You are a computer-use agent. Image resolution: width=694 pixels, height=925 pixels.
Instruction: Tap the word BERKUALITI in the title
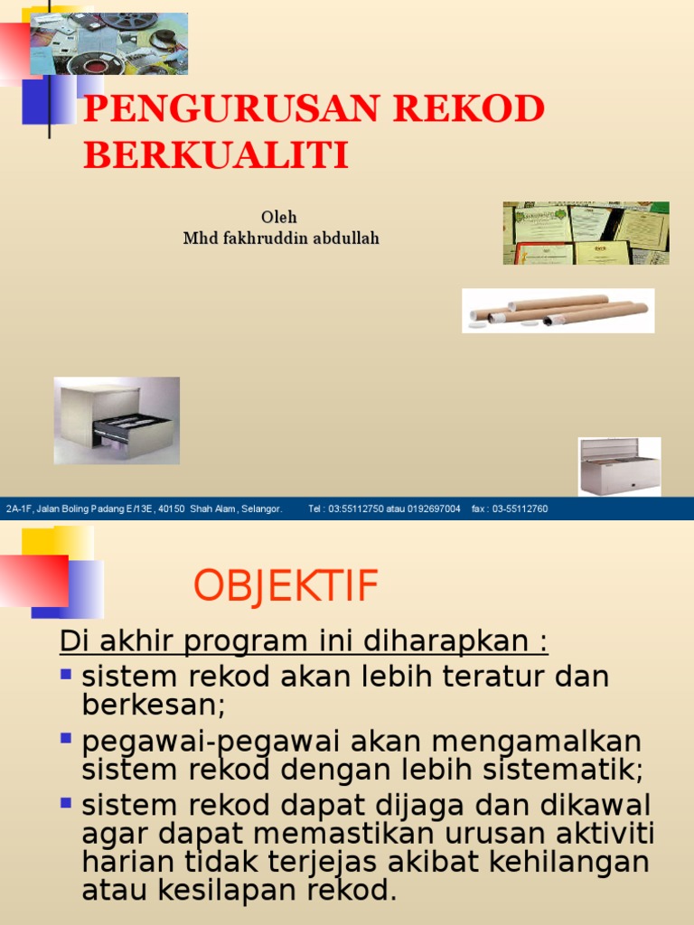(216, 155)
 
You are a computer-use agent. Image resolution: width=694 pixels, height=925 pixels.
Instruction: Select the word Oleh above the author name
(279, 218)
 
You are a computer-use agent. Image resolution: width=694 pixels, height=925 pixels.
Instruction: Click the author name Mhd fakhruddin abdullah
(281, 238)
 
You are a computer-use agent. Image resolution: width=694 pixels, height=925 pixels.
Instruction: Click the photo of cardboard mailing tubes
(558, 310)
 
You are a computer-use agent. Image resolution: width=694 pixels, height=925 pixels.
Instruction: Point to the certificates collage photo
(586, 232)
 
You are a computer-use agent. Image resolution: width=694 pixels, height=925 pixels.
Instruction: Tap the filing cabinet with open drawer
(117, 420)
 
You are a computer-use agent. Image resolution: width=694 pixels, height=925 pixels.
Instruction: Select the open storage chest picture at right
(619, 466)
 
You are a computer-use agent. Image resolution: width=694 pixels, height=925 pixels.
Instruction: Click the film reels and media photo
(109, 43)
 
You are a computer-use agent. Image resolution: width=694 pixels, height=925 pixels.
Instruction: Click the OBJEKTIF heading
(286, 587)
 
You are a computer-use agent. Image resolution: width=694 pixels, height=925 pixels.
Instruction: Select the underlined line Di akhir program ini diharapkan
(304, 642)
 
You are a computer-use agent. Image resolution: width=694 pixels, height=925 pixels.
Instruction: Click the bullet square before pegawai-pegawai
(66, 738)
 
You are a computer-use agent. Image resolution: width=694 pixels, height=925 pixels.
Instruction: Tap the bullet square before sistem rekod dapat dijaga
(66, 801)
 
